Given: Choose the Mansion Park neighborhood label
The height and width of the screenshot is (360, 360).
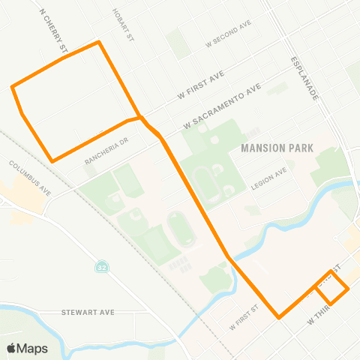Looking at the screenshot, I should pyautogui.click(x=271, y=148).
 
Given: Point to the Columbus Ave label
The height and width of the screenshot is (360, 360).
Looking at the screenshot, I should pyautogui.click(x=29, y=176).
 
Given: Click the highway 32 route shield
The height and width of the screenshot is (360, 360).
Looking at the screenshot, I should pyautogui.click(x=100, y=267).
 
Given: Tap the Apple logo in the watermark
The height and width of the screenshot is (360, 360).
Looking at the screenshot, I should pyautogui.click(x=11, y=348).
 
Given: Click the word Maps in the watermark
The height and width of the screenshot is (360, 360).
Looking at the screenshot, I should pyautogui.click(x=32, y=348).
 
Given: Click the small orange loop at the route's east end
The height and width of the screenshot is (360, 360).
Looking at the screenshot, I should pyautogui.click(x=331, y=285).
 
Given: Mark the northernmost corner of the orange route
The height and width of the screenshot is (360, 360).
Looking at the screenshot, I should pyautogui.click(x=98, y=42).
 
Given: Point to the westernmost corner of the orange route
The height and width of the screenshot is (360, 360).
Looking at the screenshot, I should pyautogui.click(x=12, y=88).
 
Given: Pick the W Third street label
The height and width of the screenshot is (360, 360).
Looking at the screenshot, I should pyautogui.click(x=318, y=317).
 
